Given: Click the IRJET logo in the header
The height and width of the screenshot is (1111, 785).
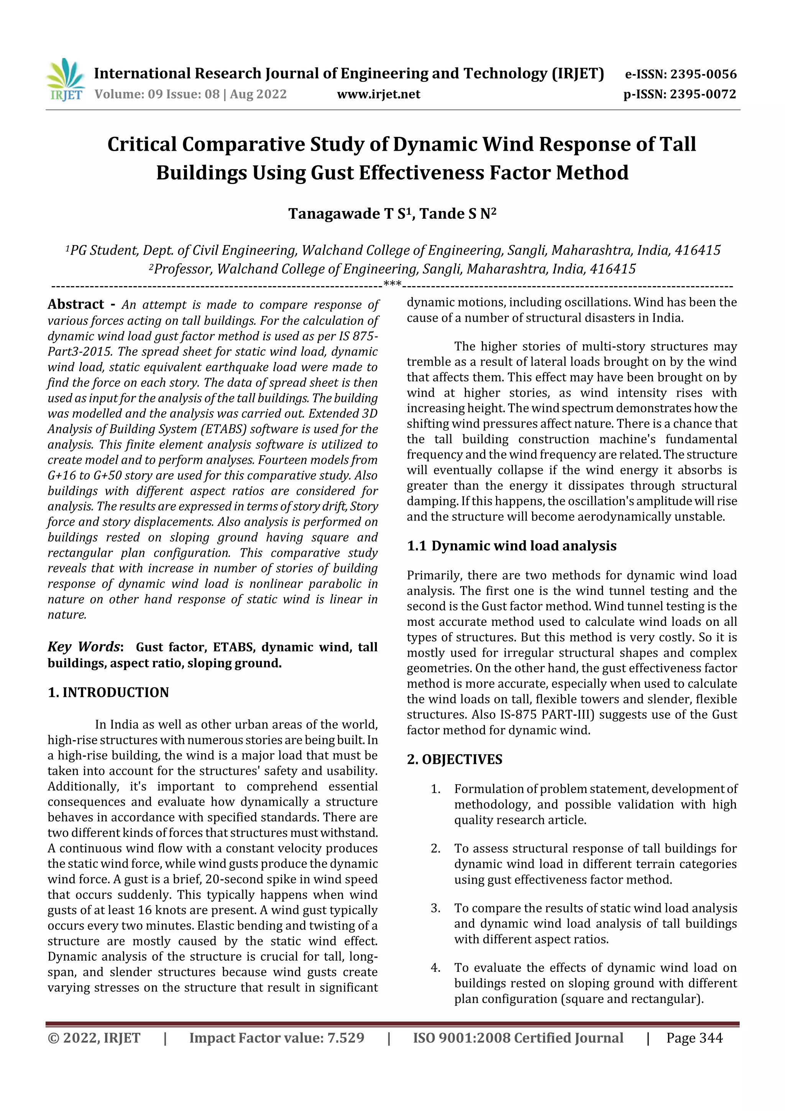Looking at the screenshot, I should [x=65, y=80].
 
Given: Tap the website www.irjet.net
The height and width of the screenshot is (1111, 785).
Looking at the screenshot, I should [x=378, y=94].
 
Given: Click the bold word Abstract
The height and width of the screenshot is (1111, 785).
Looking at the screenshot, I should [x=76, y=304].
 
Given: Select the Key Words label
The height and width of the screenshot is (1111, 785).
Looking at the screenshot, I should [x=85, y=647].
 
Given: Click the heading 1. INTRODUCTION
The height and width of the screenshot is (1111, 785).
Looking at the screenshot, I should [x=108, y=693].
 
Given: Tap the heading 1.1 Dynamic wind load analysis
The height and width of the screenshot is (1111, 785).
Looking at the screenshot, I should [x=511, y=546].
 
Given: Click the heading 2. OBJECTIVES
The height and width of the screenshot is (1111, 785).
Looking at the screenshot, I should [x=454, y=759].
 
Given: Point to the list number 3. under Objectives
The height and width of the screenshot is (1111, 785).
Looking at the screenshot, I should [x=435, y=908].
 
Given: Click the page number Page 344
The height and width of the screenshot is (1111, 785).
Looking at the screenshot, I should [x=694, y=1038].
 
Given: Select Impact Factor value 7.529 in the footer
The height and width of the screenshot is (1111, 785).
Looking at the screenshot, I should [x=276, y=1038].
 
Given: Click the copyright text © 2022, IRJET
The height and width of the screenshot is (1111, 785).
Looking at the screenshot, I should [x=94, y=1038].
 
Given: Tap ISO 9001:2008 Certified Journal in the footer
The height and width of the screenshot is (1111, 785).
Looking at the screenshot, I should [x=517, y=1038].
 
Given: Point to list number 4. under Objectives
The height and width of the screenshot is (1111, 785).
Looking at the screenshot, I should [x=435, y=968].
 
